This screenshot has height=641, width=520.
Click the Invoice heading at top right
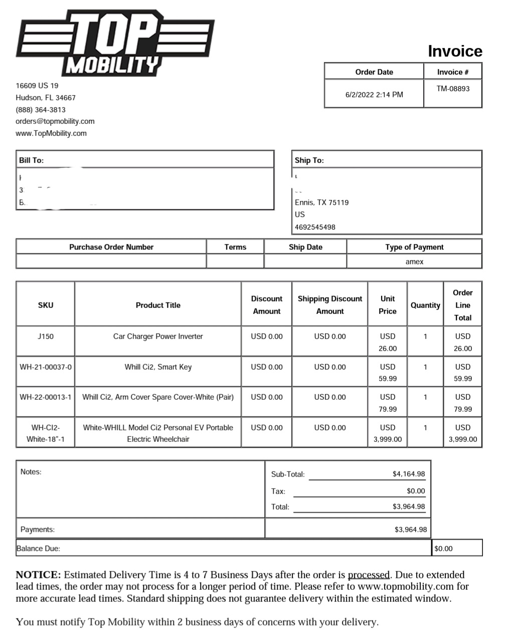(x=455, y=51)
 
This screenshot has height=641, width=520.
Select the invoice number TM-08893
(x=453, y=89)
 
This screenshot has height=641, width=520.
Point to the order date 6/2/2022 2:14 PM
(x=374, y=94)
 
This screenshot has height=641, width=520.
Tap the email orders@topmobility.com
(x=55, y=121)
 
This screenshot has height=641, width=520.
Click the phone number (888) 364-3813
(x=41, y=109)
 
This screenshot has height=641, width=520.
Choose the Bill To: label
(x=31, y=161)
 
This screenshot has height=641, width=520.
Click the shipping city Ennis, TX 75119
(x=321, y=203)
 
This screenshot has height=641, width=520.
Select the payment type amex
(x=414, y=262)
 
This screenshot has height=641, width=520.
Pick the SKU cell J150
(x=46, y=337)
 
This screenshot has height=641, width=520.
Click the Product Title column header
(x=158, y=305)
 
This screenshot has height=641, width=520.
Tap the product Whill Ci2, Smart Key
(x=158, y=367)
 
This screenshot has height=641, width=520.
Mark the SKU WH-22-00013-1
(x=46, y=397)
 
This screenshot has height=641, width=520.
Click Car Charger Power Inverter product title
(x=158, y=337)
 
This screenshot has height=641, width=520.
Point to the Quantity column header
(x=425, y=305)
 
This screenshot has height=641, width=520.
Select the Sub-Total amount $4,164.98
(x=409, y=474)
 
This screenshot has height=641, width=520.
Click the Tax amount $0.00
(x=416, y=491)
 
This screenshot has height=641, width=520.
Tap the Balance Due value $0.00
(x=443, y=549)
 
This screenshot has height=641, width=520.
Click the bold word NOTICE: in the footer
(x=38, y=575)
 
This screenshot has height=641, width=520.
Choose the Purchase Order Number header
(x=111, y=247)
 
